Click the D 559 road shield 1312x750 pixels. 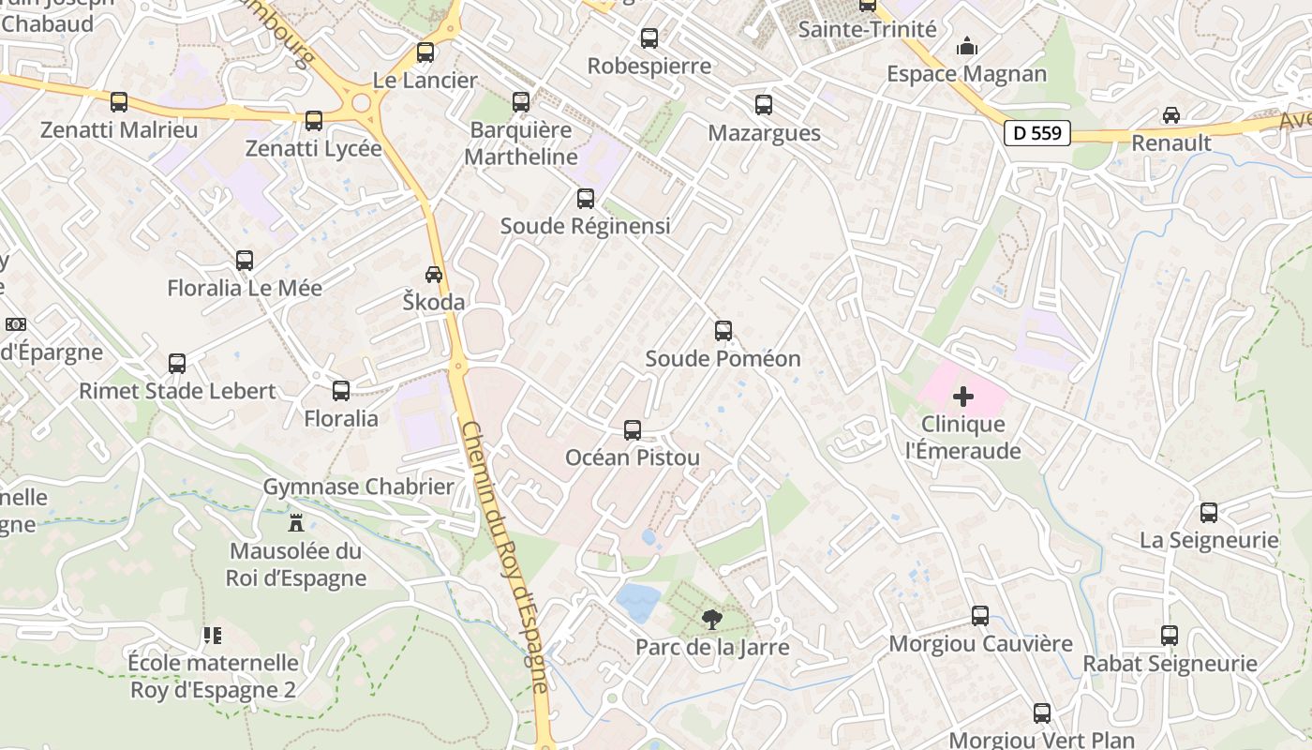1037,133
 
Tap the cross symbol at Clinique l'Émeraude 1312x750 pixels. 963,397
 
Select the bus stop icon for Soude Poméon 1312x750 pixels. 723,331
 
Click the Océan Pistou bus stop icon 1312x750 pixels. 633,430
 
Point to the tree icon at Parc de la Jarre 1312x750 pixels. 712,619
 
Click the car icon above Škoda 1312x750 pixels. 434,275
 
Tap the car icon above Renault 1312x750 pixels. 1171,115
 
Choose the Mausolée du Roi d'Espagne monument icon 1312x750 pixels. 297,522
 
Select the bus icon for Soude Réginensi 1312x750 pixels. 586,199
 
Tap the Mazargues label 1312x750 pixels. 764,133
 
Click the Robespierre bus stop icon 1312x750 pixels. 649,38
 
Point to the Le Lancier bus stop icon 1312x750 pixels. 425,52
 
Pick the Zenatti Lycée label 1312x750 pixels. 314,148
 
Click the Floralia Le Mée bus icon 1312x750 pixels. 245,261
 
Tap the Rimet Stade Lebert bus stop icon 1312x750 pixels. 177,364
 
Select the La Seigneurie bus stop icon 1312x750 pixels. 1209,513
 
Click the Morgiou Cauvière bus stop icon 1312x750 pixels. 980,616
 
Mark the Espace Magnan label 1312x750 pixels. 967,74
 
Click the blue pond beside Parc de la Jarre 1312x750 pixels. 637,602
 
